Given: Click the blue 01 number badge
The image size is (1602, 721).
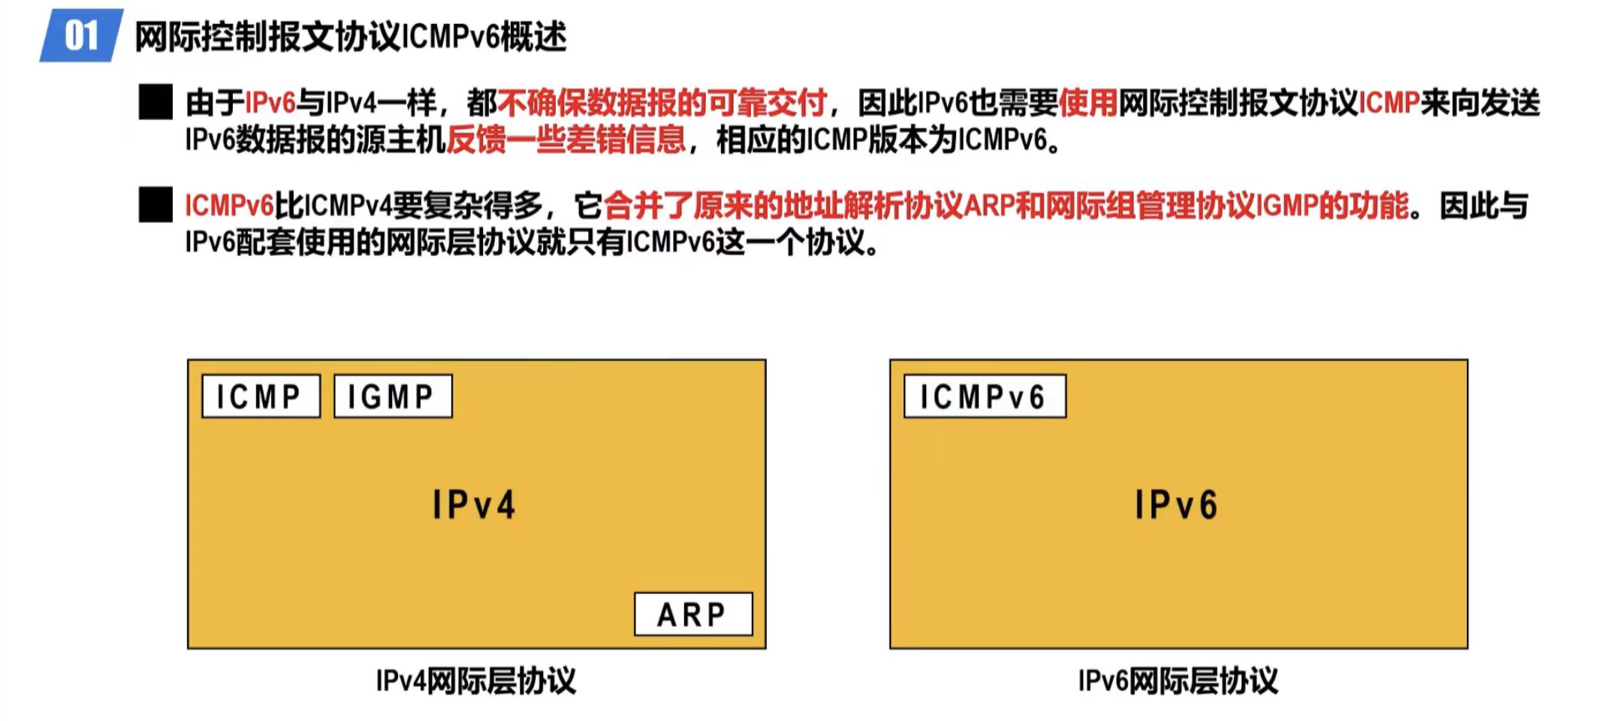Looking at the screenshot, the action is [x=81, y=35].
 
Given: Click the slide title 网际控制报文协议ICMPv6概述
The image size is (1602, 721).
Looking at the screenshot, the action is [x=351, y=36].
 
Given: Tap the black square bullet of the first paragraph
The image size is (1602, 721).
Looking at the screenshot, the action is [x=155, y=102].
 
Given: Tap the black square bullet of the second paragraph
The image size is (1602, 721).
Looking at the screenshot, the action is [x=155, y=205].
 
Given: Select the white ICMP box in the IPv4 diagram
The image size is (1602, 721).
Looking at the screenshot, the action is [x=261, y=396].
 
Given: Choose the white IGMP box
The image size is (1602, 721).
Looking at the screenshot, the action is [x=392, y=396].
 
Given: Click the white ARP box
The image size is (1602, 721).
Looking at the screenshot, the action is [x=692, y=614].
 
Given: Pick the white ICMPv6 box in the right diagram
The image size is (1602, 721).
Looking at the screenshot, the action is [x=984, y=396].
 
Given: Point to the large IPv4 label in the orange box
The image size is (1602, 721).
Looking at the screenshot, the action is [x=475, y=505].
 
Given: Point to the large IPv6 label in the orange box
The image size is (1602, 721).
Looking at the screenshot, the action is [x=1177, y=505].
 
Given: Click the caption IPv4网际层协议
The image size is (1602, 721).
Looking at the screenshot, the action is [x=475, y=680].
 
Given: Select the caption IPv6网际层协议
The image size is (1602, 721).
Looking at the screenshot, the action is [x=1178, y=680].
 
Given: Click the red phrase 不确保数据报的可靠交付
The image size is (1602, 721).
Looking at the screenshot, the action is [x=662, y=103].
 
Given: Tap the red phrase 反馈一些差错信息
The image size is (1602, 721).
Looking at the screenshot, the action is [x=566, y=140].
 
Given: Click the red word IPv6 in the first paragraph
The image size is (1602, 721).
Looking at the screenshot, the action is [x=270, y=103].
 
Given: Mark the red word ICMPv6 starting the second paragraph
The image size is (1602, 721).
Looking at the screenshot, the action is [x=229, y=205].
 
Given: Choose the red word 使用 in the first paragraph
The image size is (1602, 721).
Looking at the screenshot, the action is [x=1088, y=103].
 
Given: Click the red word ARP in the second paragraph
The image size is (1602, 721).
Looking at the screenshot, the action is [x=988, y=205].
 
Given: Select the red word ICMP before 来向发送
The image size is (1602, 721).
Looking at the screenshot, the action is [x=1389, y=103].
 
